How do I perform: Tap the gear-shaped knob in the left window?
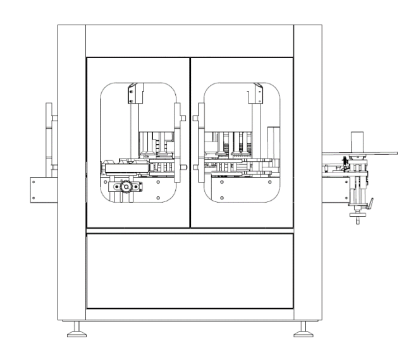[x=126, y=187]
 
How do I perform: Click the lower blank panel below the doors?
[x=190, y=270]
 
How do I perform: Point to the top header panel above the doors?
[x=190, y=40]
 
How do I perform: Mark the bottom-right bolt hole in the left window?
[x=157, y=196]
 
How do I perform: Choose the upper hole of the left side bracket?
[x=33, y=181]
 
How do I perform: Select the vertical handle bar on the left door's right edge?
[x=178, y=136]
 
